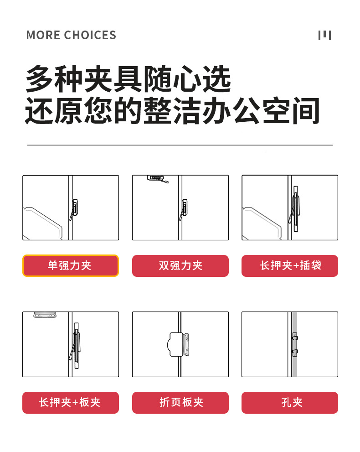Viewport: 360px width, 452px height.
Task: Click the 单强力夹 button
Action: pyautogui.click(x=71, y=265)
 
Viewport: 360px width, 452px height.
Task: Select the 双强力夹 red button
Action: pyautogui.click(x=180, y=265)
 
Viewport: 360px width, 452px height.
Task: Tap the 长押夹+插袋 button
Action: pyautogui.click(x=289, y=265)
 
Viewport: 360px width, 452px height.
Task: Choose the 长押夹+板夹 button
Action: pyautogui.click(x=71, y=402)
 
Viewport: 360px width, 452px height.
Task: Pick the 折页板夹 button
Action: pyautogui.click(x=180, y=402)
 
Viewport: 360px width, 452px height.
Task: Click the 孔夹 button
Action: pyautogui.click(x=289, y=402)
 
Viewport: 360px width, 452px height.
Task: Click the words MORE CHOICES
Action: pyautogui.click(x=71, y=35)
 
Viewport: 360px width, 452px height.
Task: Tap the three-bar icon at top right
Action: pyautogui.click(x=324, y=35)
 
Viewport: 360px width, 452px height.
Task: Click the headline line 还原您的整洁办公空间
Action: pyautogui.click(x=172, y=110)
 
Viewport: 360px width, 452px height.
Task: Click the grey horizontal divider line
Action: pyautogui.click(x=180, y=145)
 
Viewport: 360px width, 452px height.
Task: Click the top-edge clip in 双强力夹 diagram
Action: pyautogui.click(x=156, y=178)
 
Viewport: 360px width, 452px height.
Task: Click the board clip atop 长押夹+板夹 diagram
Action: pyautogui.click(x=45, y=315)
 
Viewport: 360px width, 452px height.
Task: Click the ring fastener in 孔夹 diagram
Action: pyautogui.click(x=295, y=344)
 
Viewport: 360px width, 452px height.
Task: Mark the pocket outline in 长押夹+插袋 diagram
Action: pyautogui.click(x=262, y=223)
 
